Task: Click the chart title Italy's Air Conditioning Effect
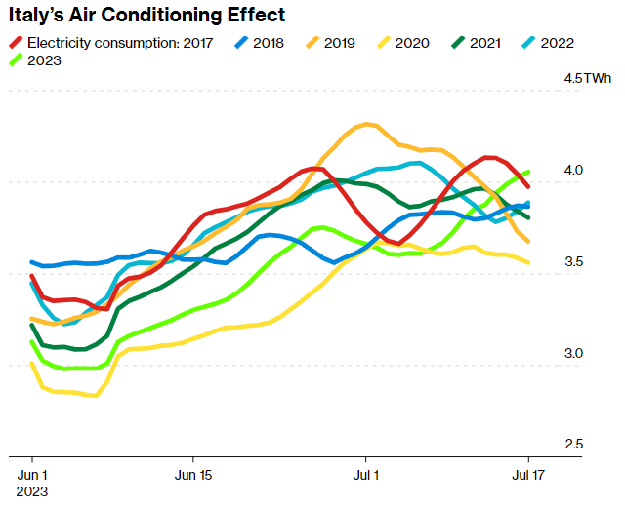coord(147,15)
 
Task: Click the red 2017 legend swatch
coord(16,43)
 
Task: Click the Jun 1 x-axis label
coord(32,474)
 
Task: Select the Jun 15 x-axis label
coord(192,474)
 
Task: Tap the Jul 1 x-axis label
coord(366,474)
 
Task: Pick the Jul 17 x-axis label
coord(528,474)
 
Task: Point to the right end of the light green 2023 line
coord(529,172)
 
